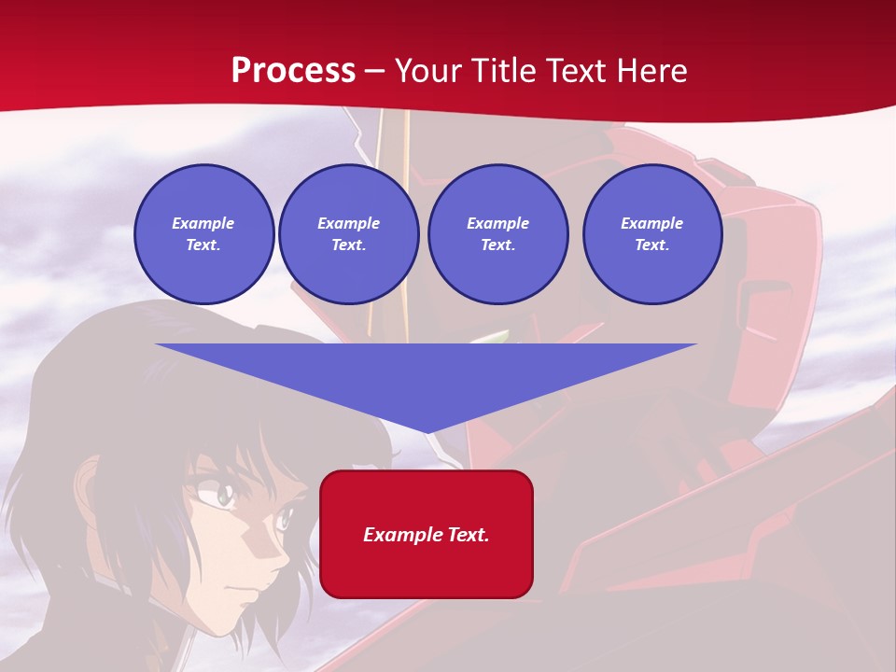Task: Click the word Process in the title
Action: [293, 71]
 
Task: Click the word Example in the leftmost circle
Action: [203, 223]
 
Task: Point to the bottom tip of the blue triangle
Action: [427, 432]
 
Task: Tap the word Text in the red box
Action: [467, 535]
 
